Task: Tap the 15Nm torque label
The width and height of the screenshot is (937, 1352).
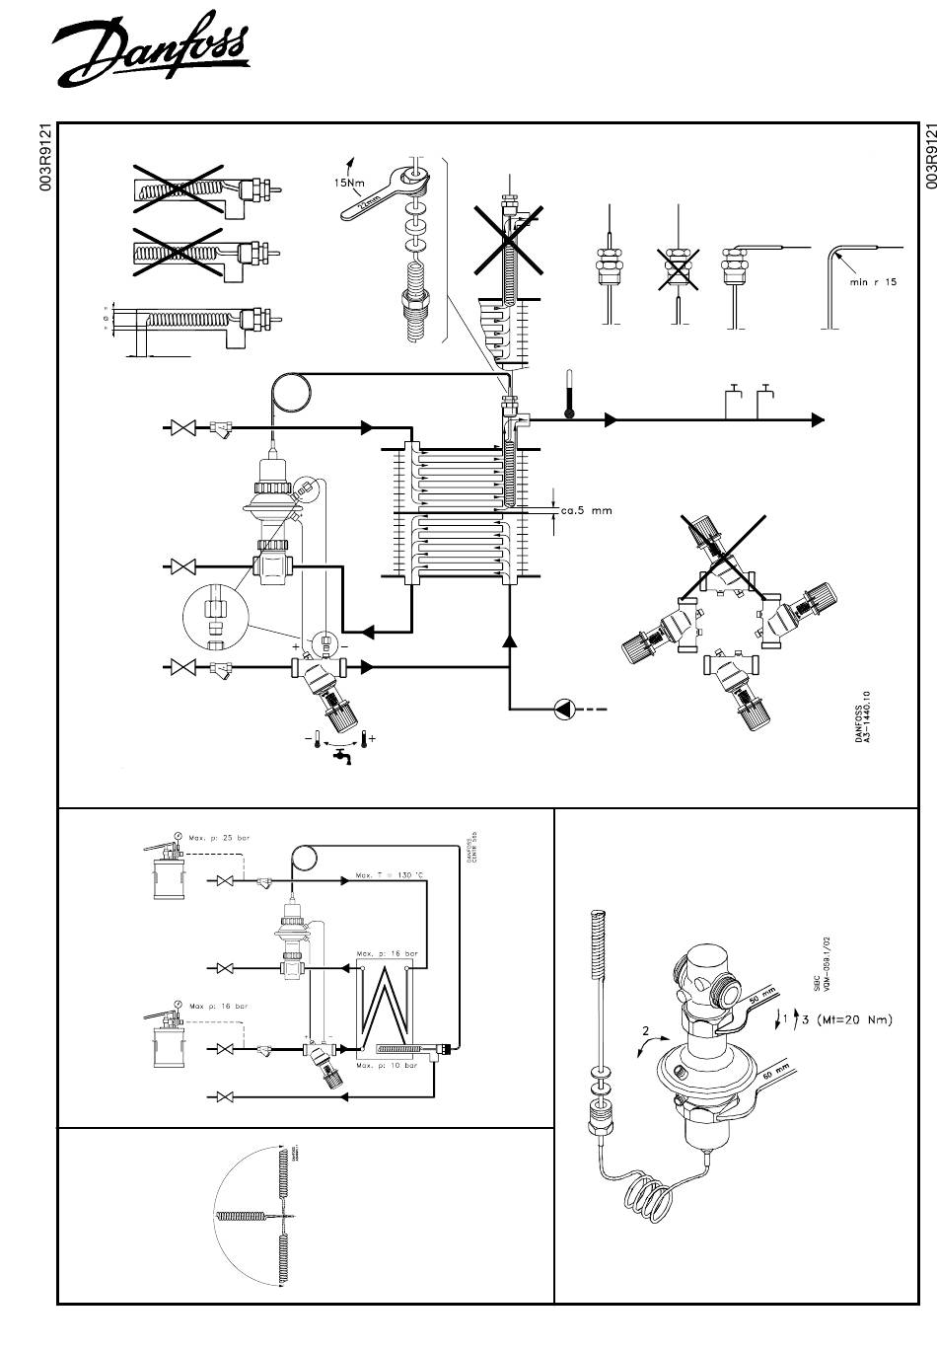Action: [x=346, y=182]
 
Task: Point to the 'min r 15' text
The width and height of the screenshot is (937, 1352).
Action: [x=873, y=282]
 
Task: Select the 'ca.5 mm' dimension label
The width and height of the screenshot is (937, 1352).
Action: [x=587, y=511]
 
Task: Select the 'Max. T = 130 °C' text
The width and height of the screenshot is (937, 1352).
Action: [x=390, y=876]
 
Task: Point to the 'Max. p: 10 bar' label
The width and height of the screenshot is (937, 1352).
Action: [x=387, y=1066]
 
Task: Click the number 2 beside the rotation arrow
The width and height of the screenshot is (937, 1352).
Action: [x=646, y=1031]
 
